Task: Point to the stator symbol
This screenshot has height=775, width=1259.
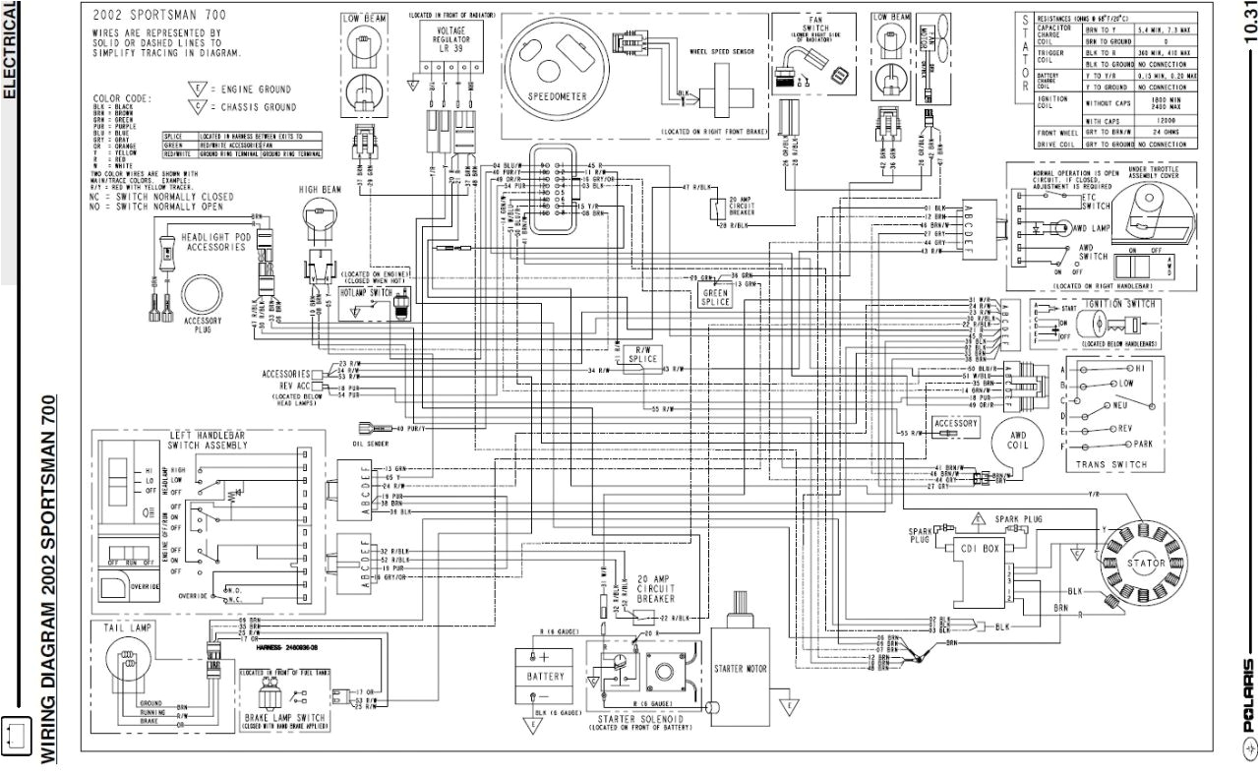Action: pyautogui.click(x=1146, y=564)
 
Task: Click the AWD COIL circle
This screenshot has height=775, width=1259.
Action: pyautogui.click(x=1016, y=445)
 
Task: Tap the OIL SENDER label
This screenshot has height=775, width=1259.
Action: pyautogui.click(x=370, y=442)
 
